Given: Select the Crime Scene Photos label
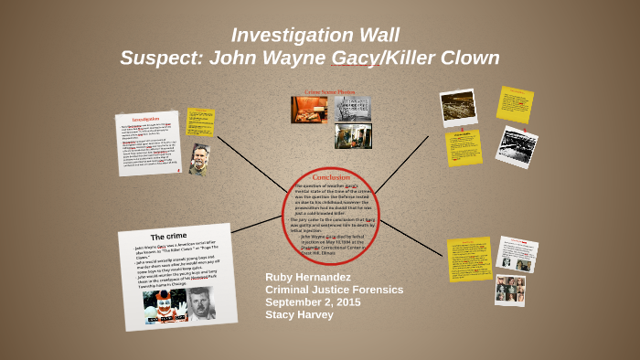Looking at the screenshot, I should (x=329, y=92).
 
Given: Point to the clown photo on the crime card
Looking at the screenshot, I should (x=165, y=306).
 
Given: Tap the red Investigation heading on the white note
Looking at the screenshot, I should (x=145, y=119).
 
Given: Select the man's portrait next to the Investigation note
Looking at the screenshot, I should (x=199, y=159).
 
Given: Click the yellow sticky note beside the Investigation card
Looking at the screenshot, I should (x=200, y=122).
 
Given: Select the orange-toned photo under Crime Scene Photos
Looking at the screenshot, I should (x=309, y=110).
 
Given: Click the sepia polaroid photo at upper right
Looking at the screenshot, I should (x=458, y=107).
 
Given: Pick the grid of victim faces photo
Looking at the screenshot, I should (x=509, y=290).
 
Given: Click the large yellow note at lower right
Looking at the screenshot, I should (x=469, y=259).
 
